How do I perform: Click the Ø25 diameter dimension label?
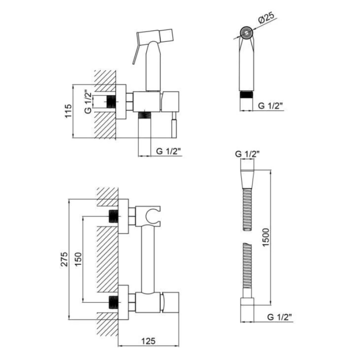(x=266, y=18)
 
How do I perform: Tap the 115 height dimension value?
(x=68, y=111)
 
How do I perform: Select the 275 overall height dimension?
(x=64, y=259)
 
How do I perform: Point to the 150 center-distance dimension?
(x=78, y=259)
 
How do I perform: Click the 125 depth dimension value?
(x=148, y=341)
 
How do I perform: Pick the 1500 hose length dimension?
(x=266, y=237)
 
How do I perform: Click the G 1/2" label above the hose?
(x=247, y=154)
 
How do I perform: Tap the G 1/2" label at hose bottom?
(x=280, y=317)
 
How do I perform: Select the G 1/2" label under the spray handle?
(x=270, y=106)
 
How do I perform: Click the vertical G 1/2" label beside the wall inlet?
(x=88, y=103)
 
